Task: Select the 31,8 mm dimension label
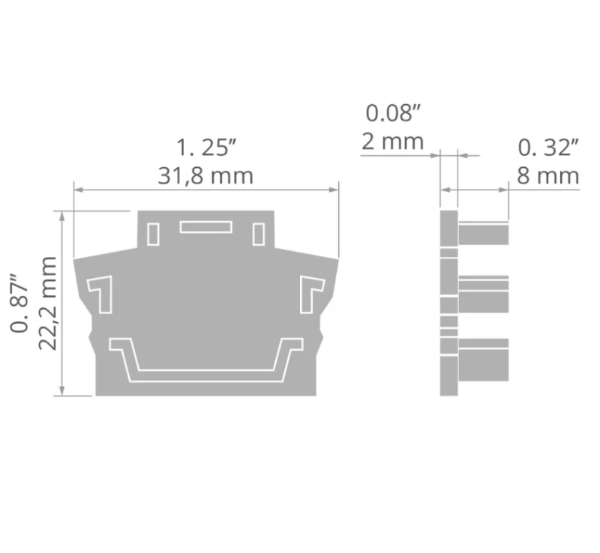click(205, 176)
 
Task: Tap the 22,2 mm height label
click(48, 303)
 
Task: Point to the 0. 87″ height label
click(19, 303)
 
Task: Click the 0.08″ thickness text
click(393, 113)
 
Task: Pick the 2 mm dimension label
click(392, 142)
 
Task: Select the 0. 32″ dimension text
click(548, 148)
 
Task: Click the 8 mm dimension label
click(548, 176)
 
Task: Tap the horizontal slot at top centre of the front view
click(205, 227)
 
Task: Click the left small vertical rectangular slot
click(153, 234)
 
